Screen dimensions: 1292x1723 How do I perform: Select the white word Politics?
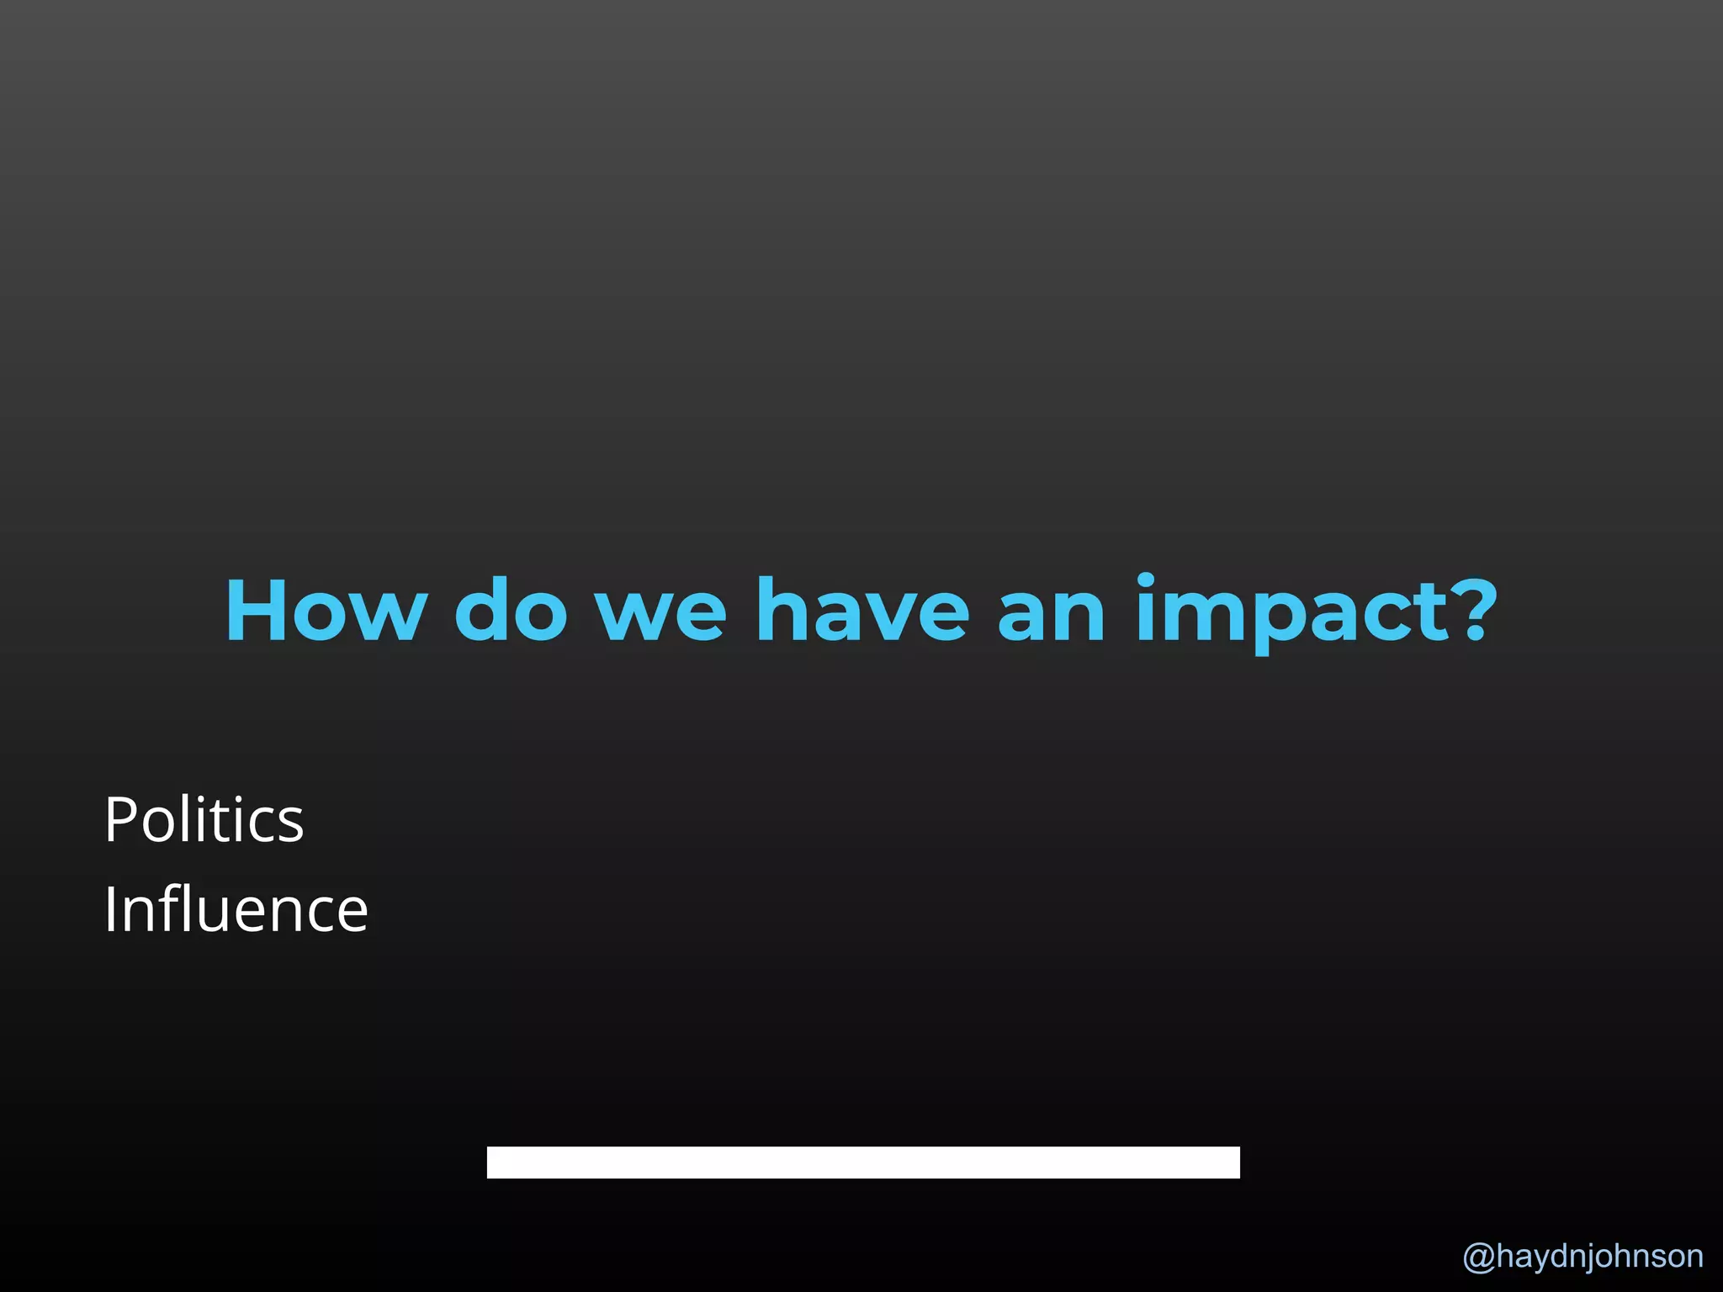tap(204, 819)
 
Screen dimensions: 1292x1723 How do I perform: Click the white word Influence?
tap(236, 909)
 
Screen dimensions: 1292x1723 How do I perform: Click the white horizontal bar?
tap(863, 1162)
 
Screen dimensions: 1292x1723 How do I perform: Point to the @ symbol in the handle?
tap(1478, 1257)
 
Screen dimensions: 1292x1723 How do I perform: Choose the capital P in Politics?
tap(120, 819)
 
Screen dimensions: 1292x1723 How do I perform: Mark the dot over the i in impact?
tap(1148, 579)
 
